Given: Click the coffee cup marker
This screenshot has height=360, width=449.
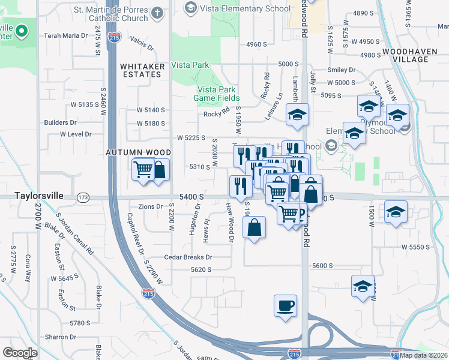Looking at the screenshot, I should tap(285, 305).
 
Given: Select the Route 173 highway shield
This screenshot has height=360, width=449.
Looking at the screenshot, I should tap(83, 197).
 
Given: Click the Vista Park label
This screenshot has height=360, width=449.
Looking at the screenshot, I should tap(190, 65).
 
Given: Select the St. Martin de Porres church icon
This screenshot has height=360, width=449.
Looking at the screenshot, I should tap(157, 13).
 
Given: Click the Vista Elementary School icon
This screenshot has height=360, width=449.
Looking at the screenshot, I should tap(190, 7).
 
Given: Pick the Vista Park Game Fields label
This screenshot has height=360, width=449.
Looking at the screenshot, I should tap(217, 94).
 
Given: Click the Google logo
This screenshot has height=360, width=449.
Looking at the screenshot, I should tap(20, 353).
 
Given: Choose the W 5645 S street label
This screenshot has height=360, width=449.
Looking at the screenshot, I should tap(65, 278).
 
